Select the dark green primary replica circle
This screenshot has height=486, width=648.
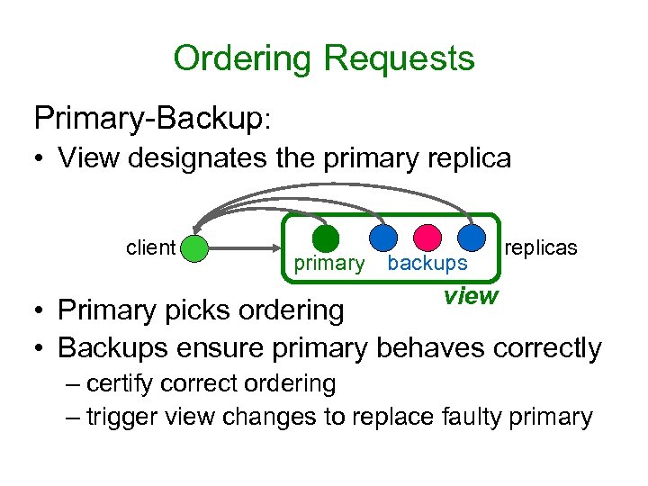tap(326, 238)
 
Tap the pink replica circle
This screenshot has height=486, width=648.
tap(427, 238)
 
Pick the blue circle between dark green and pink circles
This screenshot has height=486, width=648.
tap(383, 238)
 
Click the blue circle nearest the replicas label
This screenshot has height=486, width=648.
tap(471, 238)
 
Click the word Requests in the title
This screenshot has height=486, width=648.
tap(399, 59)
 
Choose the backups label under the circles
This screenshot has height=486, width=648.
tap(427, 264)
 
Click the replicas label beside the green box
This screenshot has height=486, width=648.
tap(541, 247)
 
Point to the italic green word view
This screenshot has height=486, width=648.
tap(470, 295)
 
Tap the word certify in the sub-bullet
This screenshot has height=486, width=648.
tap(123, 383)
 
